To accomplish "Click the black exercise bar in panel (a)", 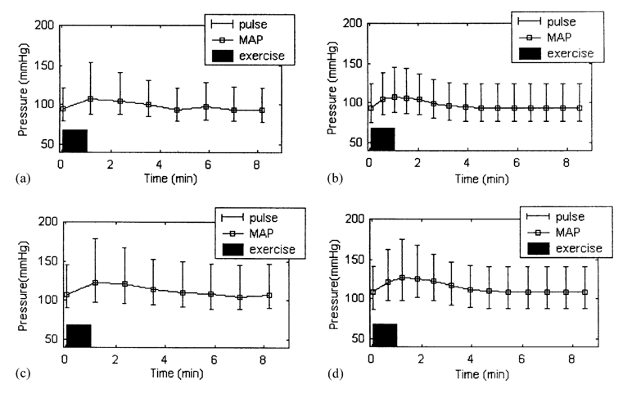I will (x=74, y=140).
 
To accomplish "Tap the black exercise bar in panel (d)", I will (x=384, y=335).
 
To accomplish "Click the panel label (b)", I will (x=322, y=175).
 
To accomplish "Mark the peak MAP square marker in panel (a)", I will (x=92, y=99).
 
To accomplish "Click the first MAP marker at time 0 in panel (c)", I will (x=67, y=295).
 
